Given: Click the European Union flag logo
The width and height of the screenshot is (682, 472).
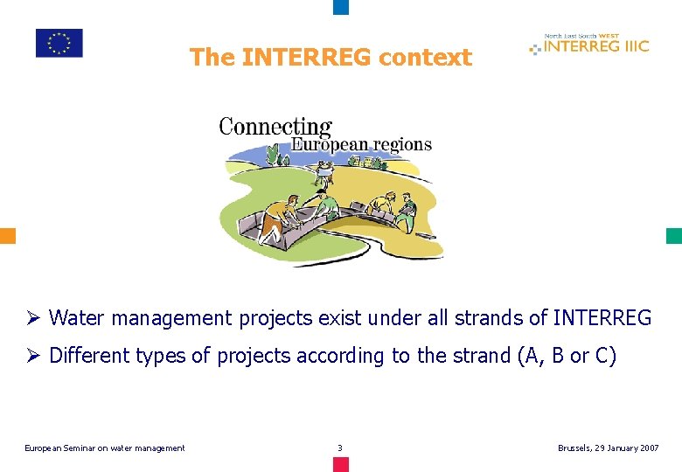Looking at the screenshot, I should pos(59,43).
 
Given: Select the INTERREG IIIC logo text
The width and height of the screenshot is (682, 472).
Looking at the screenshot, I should pos(595,46).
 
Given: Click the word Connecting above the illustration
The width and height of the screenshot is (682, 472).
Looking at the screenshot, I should pos(275,127).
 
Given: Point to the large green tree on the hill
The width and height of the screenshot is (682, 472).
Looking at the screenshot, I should pos(272,155).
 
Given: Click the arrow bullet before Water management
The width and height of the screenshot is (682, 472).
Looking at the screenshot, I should pos(34,318).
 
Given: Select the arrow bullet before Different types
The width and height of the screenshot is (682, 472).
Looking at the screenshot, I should pos(34,357).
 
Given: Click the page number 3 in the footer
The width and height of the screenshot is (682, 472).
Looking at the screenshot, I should pos(340,448).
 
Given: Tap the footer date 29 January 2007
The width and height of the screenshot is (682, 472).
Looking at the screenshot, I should pos(623,448).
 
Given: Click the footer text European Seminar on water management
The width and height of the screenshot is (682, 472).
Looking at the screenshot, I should pos(104,448).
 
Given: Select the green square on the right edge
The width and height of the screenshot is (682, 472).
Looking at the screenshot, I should pos(673,236).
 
